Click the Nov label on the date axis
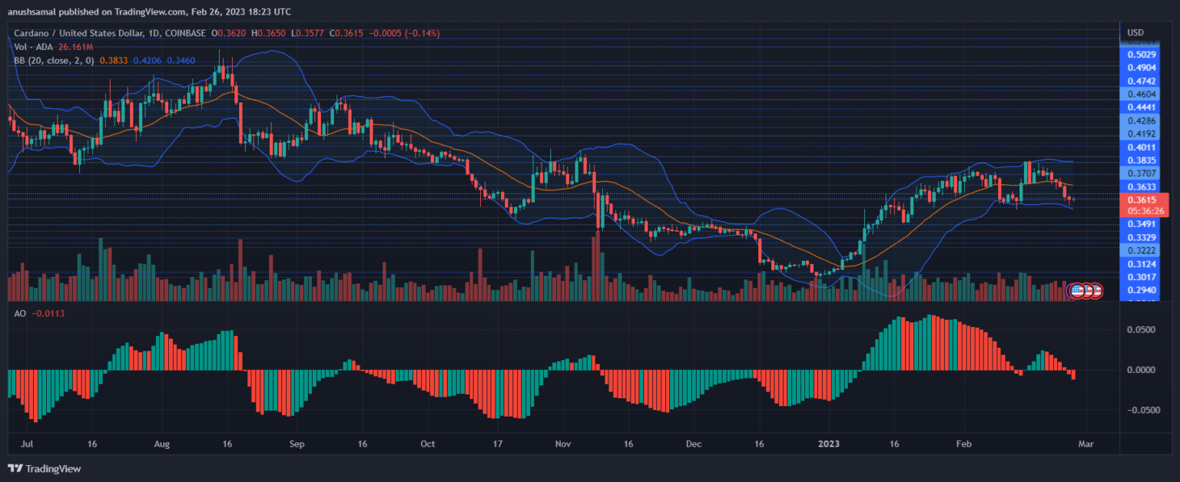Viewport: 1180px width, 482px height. click(563, 444)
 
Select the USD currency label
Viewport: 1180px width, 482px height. click(1135, 32)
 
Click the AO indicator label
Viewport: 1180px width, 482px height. click(20, 313)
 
